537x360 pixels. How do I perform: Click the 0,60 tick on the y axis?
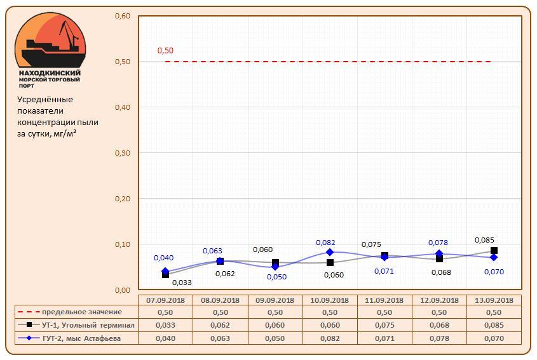122,16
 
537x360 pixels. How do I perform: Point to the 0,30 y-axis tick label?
122,153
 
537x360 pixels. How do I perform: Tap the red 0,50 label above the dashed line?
165,51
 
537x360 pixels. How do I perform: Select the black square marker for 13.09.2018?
494,251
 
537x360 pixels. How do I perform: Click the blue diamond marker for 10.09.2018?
330,252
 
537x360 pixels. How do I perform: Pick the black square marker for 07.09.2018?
165,274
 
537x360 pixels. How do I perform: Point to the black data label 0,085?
485,240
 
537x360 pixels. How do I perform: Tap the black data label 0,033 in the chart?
182,283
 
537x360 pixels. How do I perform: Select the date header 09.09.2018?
275,300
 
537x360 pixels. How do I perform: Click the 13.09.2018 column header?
494,300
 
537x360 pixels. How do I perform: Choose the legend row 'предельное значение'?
76,312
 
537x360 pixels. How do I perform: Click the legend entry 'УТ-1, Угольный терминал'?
76,325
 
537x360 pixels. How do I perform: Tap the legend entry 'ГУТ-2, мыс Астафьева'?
76,338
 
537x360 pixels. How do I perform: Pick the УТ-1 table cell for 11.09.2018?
384,325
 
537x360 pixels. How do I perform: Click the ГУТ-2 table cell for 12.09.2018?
439,338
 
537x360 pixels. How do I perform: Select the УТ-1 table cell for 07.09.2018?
165,325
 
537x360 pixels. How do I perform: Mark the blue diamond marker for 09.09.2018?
275,267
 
